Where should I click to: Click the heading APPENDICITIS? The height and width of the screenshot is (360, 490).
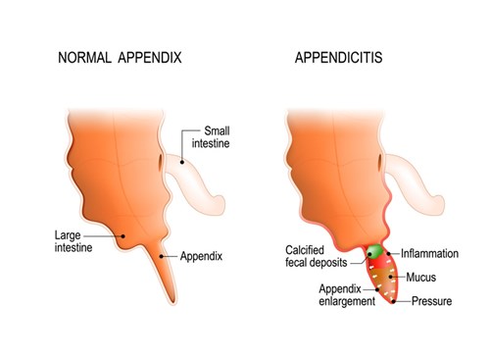[339, 58]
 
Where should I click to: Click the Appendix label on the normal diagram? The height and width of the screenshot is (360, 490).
[202, 257]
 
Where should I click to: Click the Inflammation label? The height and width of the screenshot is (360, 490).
[429, 253]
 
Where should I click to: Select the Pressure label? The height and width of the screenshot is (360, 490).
[432, 301]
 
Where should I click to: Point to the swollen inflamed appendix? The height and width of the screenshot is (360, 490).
[385, 279]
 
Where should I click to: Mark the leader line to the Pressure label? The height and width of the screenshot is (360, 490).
[404, 301]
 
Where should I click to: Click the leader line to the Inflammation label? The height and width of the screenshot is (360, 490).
[392, 253]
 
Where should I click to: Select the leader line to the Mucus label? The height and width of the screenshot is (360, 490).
[403, 278]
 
